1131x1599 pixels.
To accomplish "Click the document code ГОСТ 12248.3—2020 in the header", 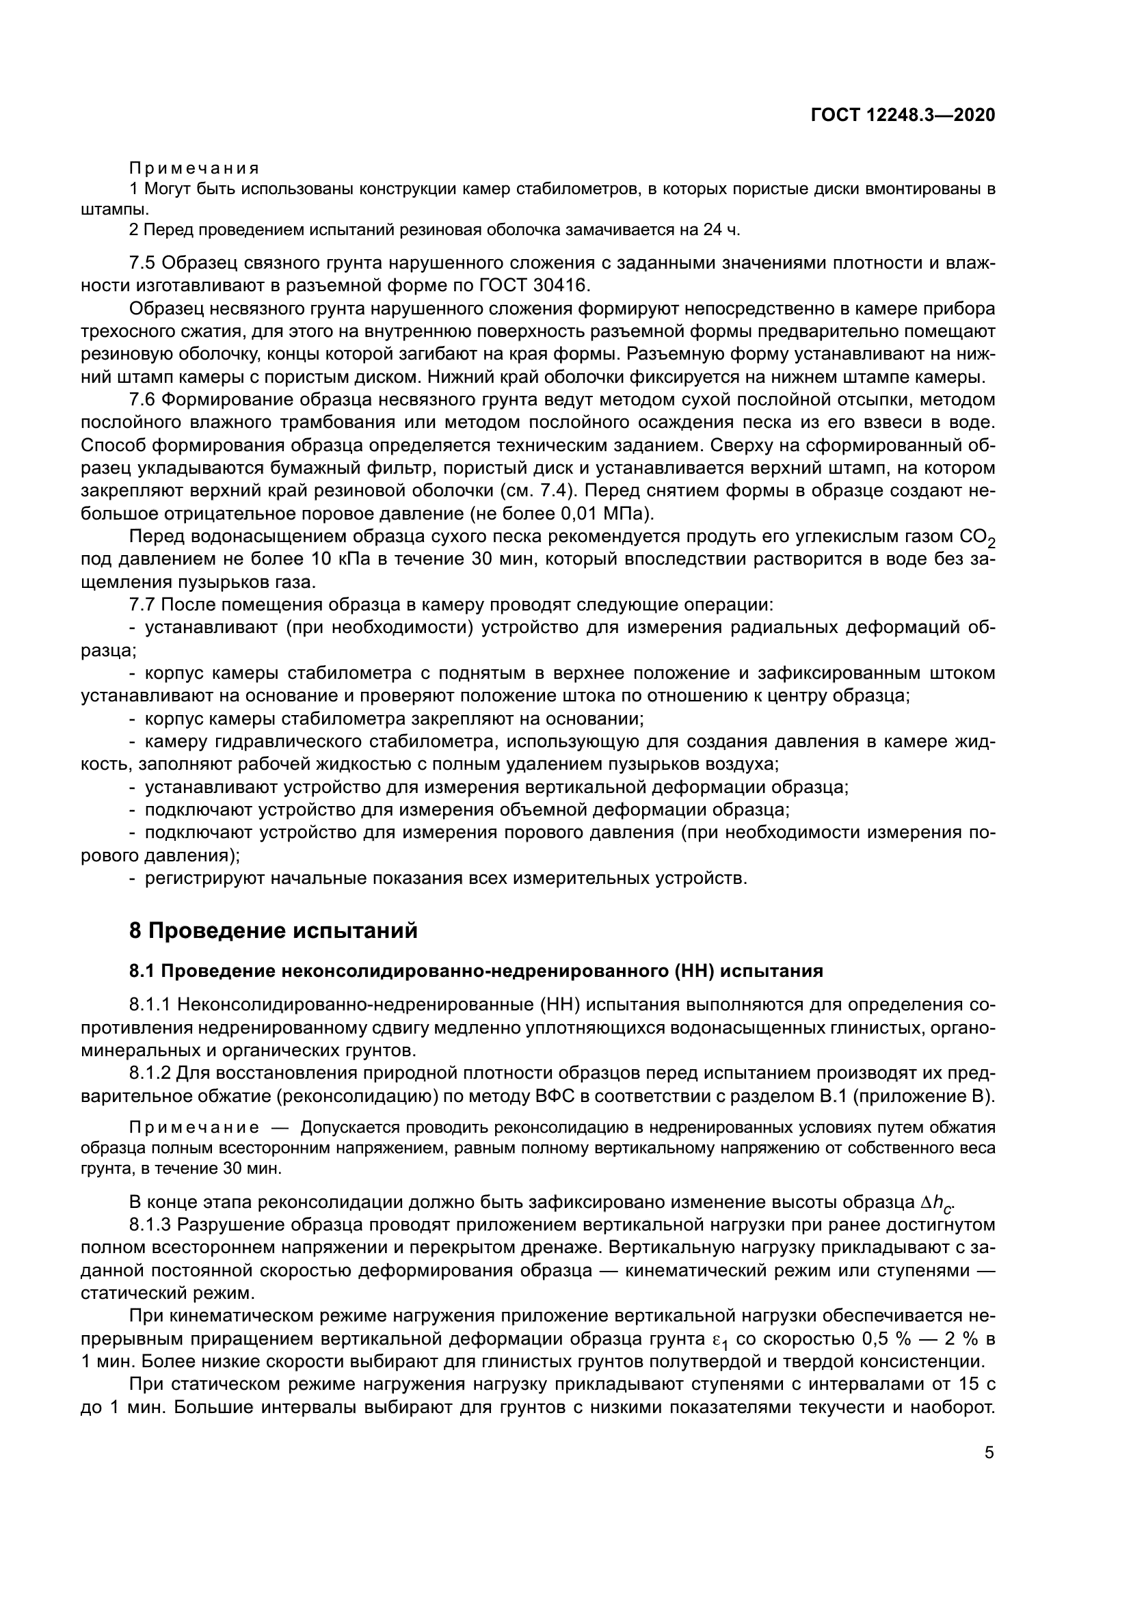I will pyautogui.click(x=903, y=116).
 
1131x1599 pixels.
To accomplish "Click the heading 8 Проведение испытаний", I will pyautogui.click(x=274, y=930).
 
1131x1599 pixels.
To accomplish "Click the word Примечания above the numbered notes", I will pyautogui.click(x=194, y=169).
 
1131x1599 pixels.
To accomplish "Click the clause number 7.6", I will pyautogui.click(x=144, y=400).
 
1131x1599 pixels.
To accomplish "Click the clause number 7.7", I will pyautogui.click(x=144, y=604).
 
